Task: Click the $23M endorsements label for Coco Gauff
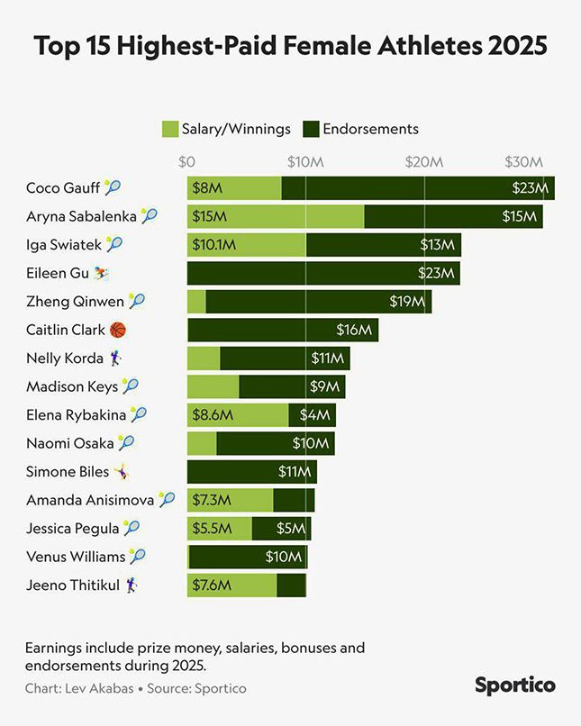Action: [x=530, y=188]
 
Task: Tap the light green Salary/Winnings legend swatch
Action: [x=170, y=129]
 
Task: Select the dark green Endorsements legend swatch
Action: [x=311, y=129]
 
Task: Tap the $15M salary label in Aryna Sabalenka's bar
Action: [x=209, y=216]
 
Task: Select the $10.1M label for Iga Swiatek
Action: [x=214, y=245]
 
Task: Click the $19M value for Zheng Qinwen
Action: [x=406, y=302]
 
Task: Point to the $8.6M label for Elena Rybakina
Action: [x=213, y=415]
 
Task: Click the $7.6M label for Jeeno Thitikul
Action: [x=212, y=585]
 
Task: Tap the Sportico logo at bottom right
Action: [x=515, y=685]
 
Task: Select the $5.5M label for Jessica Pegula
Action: [x=212, y=529]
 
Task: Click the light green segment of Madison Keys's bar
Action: [x=213, y=387]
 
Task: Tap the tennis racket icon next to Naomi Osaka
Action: [x=126, y=443]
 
